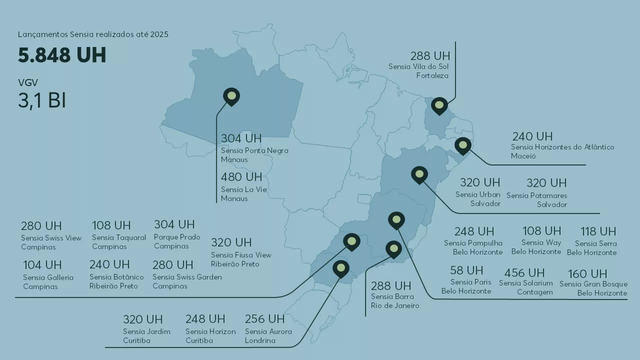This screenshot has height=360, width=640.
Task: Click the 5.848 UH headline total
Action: click(62, 55)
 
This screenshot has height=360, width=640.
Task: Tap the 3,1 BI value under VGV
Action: click(42, 100)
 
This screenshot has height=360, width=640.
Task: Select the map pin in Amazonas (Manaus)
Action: click(231, 96)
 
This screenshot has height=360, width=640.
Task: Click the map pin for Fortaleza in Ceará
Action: click(439, 105)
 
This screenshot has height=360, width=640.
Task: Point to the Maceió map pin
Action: click(463, 145)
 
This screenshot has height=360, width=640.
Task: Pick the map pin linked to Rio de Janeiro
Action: click(394, 248)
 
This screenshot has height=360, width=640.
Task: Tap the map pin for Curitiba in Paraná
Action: click(341, 268)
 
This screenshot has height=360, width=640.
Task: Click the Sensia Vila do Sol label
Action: click(418, 66)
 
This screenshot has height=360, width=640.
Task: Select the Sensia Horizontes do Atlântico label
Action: click(562, 147)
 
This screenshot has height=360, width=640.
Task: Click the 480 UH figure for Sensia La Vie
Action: click(241, 177)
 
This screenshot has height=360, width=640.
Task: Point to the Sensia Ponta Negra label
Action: click(254, 150)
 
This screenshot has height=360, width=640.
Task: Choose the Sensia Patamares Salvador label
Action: click(537, 200)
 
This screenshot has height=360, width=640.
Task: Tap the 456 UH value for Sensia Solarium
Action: click(524, 273)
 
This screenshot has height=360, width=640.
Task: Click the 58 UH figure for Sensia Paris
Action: click(466, 270)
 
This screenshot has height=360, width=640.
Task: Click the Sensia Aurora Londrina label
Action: click(268, 336)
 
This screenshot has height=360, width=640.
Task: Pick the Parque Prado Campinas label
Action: click(177, 241)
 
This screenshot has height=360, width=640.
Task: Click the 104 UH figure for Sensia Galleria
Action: click(42, 265)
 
